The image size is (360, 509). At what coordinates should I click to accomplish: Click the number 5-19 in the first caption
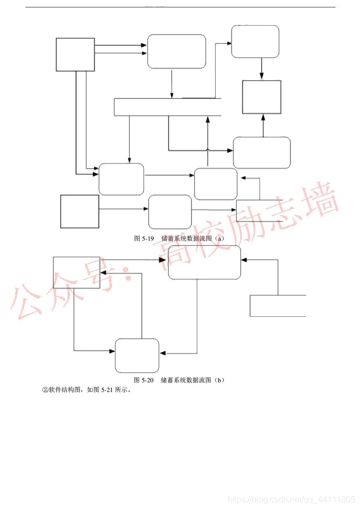click(x=147, y=238)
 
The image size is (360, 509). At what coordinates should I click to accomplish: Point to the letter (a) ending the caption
click(x=220, y=238)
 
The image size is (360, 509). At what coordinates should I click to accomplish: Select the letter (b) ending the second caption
click(x=220, y=380)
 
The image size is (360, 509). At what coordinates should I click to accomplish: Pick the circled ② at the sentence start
click(x=45, y=390)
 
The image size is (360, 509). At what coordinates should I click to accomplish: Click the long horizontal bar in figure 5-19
click(x=167, y=107)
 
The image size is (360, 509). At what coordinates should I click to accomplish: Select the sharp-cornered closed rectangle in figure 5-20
click(x=76, y=272)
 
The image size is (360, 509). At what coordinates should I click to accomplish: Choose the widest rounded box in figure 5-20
click(x=204, y=262)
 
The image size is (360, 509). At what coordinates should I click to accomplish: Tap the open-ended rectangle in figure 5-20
click(x=278, y=306)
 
